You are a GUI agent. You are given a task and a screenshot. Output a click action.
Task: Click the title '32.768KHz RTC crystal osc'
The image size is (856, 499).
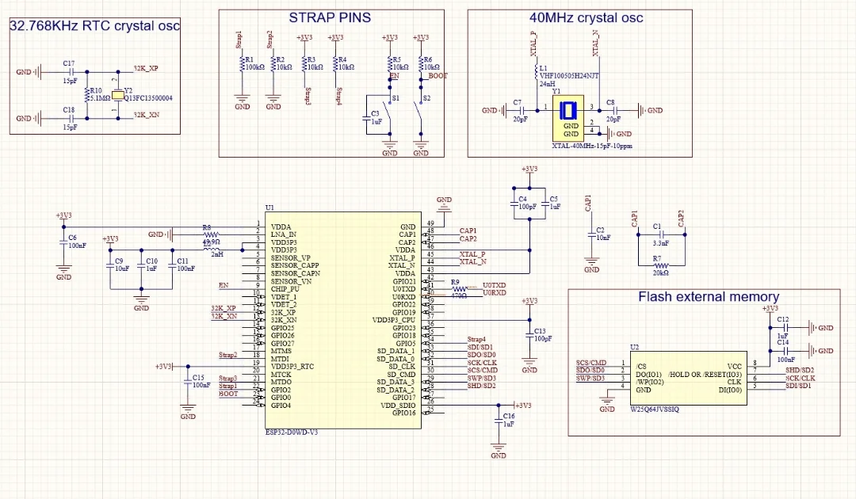coord(94,26)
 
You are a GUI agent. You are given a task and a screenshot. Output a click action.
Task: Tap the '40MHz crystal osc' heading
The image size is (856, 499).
coord(586,17)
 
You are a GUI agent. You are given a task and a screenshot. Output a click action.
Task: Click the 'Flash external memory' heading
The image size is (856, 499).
coord(708,297)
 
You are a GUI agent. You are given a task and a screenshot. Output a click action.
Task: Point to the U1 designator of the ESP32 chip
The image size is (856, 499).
coord(269,208)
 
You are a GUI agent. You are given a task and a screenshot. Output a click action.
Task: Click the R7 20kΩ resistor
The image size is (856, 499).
coord(657,265)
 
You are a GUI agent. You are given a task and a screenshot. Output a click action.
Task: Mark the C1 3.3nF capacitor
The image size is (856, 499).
coord(657,235)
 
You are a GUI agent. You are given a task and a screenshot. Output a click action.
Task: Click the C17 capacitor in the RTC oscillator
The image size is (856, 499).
coord(68,72)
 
